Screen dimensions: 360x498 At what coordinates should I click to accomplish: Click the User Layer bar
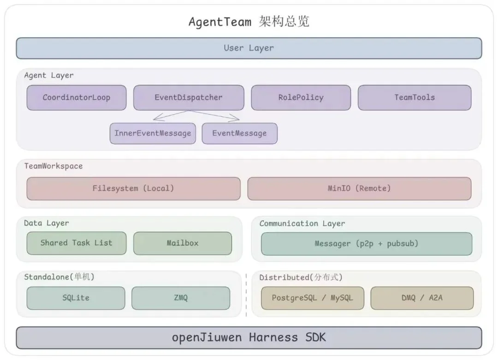(249, 48)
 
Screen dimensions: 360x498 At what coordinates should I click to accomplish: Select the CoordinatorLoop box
(77, 97)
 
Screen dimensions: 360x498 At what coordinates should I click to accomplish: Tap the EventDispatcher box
(189, 97)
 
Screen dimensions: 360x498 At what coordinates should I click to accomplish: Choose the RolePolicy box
(301, 97)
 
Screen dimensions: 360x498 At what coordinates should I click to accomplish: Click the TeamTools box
(415, 97)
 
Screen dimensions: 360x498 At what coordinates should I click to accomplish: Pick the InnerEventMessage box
(153, 133)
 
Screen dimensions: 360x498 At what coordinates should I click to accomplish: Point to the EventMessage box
(239, 133)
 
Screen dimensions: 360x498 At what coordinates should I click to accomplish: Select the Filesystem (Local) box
(133, 188)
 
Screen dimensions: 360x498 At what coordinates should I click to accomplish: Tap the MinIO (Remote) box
(359, 188)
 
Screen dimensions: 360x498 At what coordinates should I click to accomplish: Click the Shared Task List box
(77, 243)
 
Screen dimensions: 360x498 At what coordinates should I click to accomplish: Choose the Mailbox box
(183, 243)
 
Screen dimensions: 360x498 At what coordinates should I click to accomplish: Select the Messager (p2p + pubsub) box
(367, 243)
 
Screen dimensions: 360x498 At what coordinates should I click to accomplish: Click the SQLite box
(76, 298)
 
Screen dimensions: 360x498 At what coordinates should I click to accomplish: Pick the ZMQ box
(181, 298)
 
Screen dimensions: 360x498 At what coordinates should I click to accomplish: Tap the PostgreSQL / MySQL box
(313, 298)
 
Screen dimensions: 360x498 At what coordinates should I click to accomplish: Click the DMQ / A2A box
(422, 298)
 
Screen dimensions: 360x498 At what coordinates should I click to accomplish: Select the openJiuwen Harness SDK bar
(249, 337)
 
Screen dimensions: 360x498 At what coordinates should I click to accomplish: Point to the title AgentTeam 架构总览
(249, 22)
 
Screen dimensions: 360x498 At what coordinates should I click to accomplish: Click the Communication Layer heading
(302, 223)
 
